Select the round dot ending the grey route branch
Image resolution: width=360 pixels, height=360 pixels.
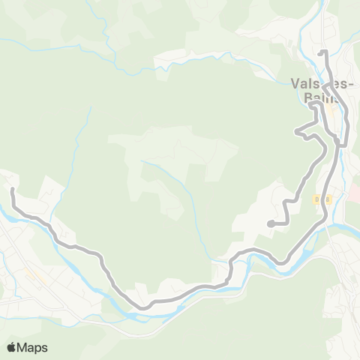(x=269, y=223)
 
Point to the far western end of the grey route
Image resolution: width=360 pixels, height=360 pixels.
(x=13, y=190)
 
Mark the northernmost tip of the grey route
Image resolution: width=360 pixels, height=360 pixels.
(x=322, y=51)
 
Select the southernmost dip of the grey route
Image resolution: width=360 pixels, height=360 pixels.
(x=141, y=306)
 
